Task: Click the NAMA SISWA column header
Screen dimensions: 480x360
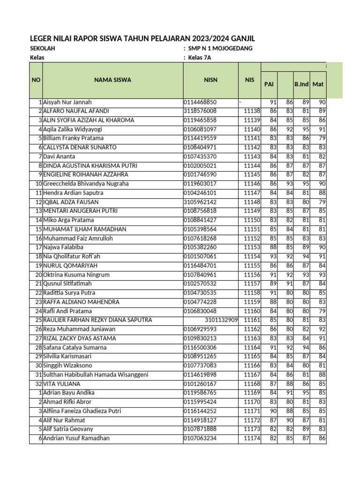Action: [x=112, y=80]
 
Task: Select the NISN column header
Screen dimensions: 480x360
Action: [x=210, y=80]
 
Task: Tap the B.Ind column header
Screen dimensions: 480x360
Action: [x=301, y=84]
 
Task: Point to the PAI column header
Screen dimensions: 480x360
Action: [x=269, y=84]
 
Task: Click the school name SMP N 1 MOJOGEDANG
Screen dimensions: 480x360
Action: [x=220, y=49]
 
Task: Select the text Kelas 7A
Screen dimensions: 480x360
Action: [x=200, y=58]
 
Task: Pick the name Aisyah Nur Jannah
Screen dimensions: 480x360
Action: [x=67, y=102]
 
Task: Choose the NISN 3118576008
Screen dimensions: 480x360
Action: [x=200, y=111]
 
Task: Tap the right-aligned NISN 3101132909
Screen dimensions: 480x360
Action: [x=221, y=320]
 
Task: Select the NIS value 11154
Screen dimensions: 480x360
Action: [x=252, y=256]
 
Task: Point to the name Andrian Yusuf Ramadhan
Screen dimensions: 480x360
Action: [x=76, y=438]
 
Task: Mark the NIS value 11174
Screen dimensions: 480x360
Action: [x=252, y=438]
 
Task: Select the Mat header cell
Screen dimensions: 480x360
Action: [x=318, y=84]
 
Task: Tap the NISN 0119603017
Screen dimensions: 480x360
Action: [x=200, y=184]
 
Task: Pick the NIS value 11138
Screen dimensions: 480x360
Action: [x=252, y=111]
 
